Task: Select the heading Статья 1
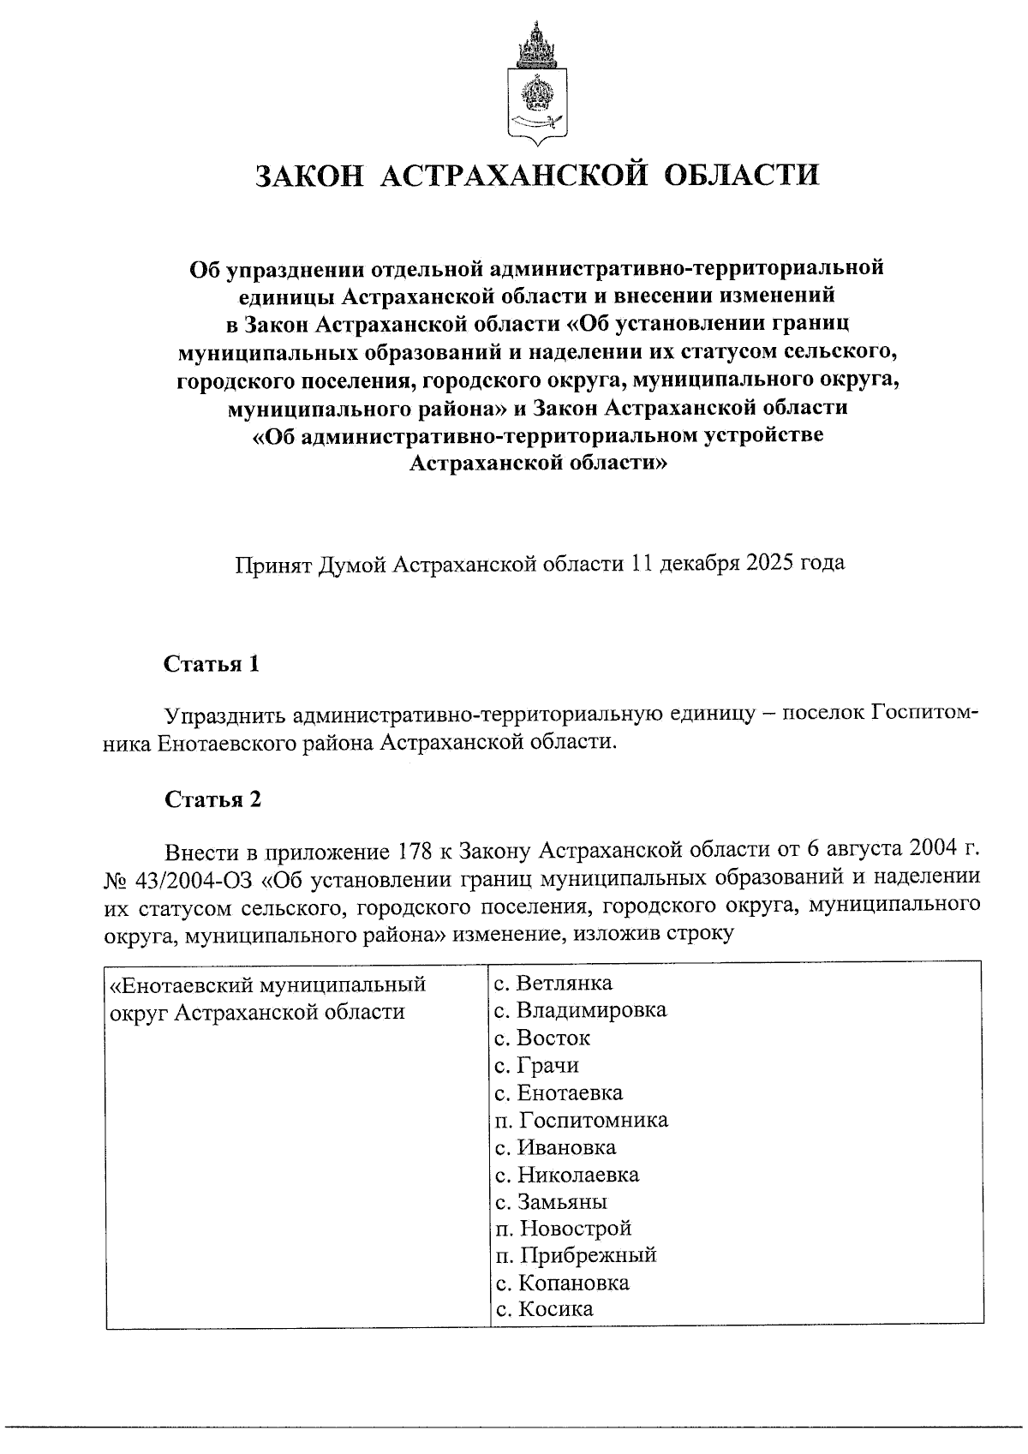pyautogui.click(x=212, y=665)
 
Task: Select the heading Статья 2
pyautogui.click(x=212, y=800)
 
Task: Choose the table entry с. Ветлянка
pyautogui.click(x=553, y=983)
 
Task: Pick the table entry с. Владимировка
pyautogui.click(x=580, y=1010)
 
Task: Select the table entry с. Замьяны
pyautogui.click(x=551, y=1201)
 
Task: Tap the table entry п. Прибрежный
pyautogui.click(x=575, y=1255)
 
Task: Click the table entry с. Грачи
pyautogui.click(x=537, y=1065)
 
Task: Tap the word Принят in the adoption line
pyautogui.click(x=272, y=564)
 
